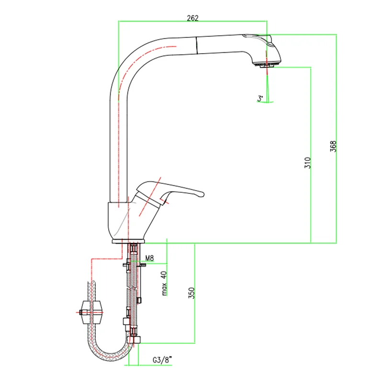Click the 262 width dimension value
point(192,18)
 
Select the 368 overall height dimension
point(333,146)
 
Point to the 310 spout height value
point(307,163)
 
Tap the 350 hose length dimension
point(191,293)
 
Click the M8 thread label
point(150,258)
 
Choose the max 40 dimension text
point(164,283)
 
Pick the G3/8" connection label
point(162,360)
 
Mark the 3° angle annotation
point(260,99)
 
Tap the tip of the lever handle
point(203,194)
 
